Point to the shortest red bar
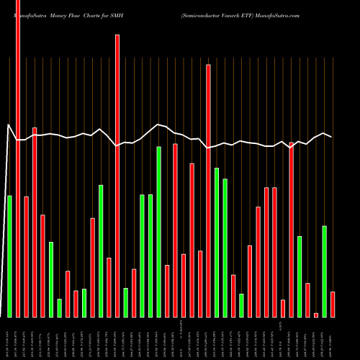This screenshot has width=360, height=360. (x=316, y=315)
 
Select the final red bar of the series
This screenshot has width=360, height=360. (x=333, y=304)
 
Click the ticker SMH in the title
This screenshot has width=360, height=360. (x=119, y=14)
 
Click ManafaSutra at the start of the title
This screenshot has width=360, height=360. (x=22, y=14)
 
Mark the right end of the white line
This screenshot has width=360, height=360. (x=332, y=137)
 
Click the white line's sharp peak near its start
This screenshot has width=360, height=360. (x=9, y=125)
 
